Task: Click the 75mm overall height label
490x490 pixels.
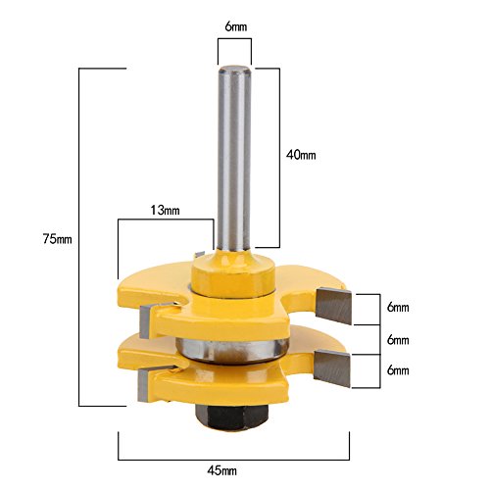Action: (x=57, y=239)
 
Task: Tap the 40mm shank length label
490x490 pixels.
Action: (x=301, y=155)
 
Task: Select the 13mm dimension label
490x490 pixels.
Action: (x=165, y=210)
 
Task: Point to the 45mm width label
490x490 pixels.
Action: (x=221, y=470)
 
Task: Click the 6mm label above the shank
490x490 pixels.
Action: (x=235, y=26)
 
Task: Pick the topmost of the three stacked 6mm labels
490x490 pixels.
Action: (x=398, y=308)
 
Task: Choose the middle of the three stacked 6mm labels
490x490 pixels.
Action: (x=398, y=340)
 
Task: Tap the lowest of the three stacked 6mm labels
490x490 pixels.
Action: (x=398, y=370)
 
